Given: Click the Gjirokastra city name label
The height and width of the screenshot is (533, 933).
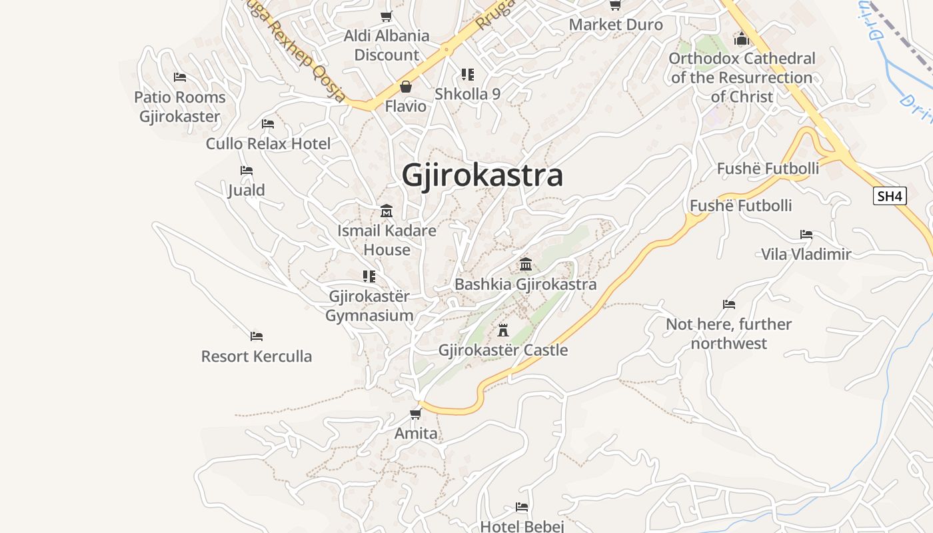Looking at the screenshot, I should [x=482, y=176].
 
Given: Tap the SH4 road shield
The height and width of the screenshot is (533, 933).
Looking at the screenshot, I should [x=890, y=196].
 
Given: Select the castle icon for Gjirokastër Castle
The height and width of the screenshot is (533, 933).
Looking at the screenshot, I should [x=503, y=330].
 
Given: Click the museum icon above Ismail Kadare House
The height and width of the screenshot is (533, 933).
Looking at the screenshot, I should [x=387, y=212].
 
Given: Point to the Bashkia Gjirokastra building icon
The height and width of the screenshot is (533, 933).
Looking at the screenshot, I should [x=526, y=265].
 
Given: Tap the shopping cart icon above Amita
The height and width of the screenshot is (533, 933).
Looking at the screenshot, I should [x=416, y=414].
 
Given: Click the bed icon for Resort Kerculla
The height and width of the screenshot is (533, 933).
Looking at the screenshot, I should [x=257, y=336].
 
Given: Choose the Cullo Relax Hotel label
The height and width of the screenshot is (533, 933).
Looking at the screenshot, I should [x=268, y=143].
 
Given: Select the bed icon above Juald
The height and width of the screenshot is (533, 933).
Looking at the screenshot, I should [x=247, y=171].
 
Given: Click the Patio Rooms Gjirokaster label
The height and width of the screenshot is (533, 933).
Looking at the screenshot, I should [x=179, y=107].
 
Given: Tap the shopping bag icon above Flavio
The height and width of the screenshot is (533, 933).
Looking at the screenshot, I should [x=405, y=87].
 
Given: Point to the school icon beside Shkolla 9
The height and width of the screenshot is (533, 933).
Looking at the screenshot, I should [x=468, y=75].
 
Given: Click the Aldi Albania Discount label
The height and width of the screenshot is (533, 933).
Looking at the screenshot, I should [x=387, y=45].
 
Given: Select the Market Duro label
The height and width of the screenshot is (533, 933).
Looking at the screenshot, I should [x=616, y=25].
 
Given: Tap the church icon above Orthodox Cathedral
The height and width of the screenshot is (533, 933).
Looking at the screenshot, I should [x=742, y=39].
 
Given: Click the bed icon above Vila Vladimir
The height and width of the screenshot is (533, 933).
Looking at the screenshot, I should [x=806, y=235].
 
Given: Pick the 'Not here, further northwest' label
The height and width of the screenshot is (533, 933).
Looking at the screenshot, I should [x=729, y=334].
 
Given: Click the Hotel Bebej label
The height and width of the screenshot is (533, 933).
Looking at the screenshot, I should [x=522, y=526].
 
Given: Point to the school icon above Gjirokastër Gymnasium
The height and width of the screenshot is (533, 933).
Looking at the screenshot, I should [x=369, y=276].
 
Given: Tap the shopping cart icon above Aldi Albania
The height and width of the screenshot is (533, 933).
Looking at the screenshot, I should [x=387, y=16].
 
